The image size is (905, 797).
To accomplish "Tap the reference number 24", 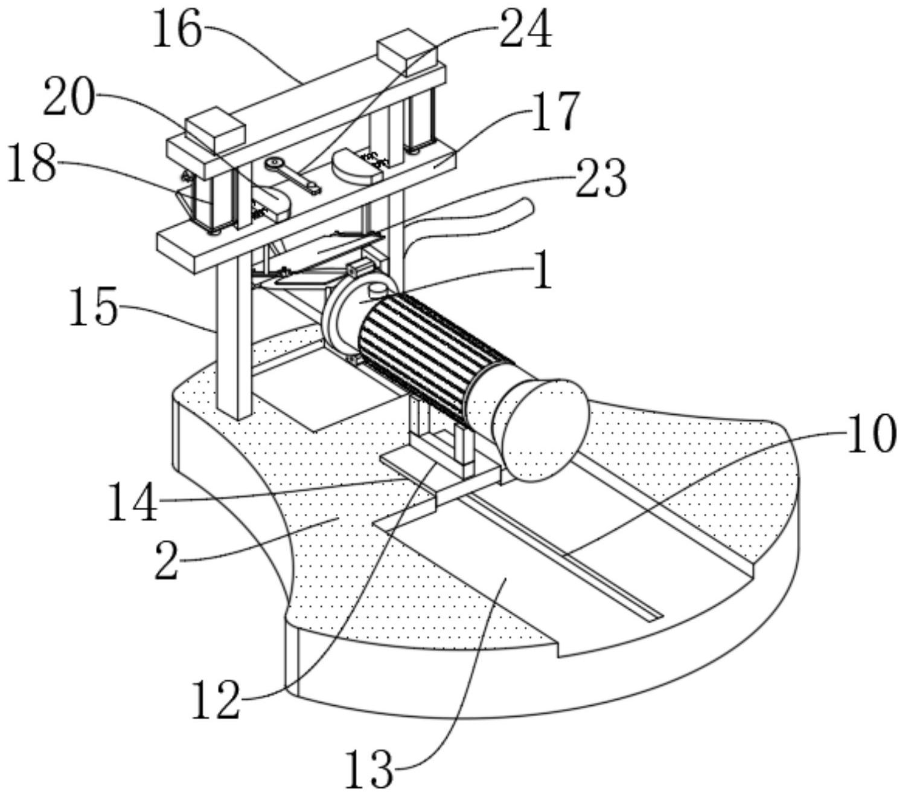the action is tap(525, 30).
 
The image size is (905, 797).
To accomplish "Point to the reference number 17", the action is tap(555, 111).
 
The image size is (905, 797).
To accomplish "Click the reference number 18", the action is tap(33, 164).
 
